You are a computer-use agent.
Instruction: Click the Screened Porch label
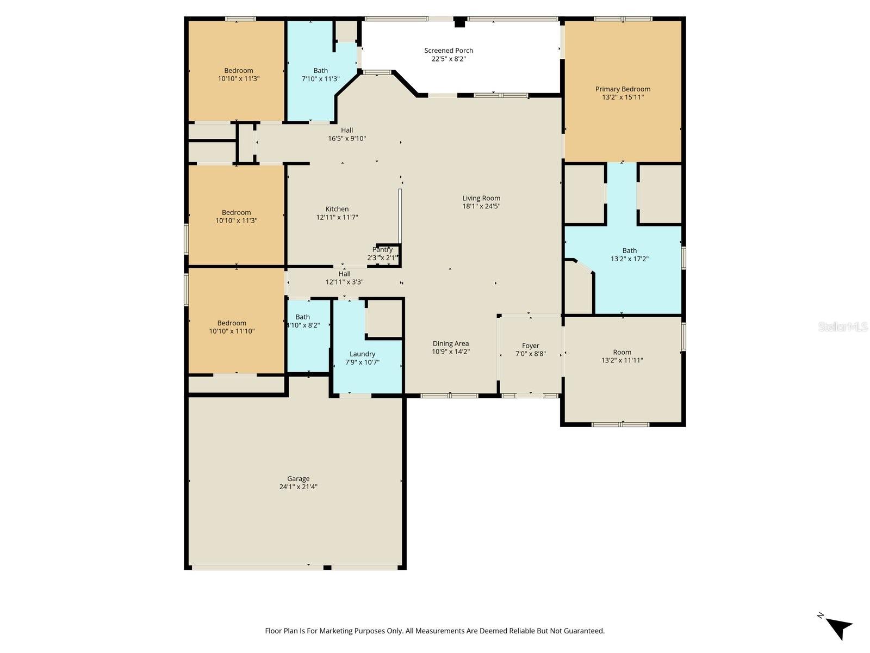click(449, 51)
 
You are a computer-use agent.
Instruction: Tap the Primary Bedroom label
click(623, 89)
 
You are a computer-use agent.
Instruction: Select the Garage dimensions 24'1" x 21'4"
click(298, 487)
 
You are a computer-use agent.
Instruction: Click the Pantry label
click(383, 250)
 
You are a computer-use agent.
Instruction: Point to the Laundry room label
click(362, 354)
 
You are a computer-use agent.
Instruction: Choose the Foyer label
click(530, 346)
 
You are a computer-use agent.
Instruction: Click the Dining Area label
click(450, 343)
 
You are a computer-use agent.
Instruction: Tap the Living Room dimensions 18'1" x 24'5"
click(481, 206)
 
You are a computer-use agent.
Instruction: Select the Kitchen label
click(337, 209)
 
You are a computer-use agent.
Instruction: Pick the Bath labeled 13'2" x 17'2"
click(629, 255)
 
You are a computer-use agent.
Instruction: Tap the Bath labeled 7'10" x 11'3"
click(320, 75)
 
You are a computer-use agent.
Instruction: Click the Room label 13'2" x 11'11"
click(622, 356)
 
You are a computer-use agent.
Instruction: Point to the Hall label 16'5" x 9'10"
click(347, 134)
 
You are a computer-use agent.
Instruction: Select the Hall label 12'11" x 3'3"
click(344, 278)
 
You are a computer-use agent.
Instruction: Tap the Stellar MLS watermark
click(843, 326)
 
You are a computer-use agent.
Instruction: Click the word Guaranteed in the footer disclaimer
click(583, 631)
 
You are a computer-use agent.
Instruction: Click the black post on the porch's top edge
click(460, 22)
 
